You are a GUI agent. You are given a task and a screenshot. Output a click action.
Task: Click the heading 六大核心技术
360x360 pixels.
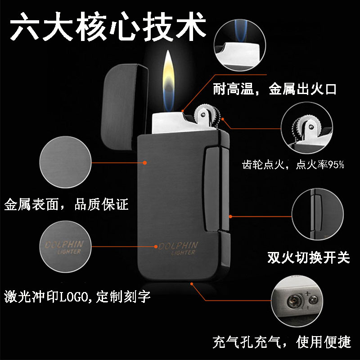108,27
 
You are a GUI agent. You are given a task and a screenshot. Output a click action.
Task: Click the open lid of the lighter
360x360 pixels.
125,107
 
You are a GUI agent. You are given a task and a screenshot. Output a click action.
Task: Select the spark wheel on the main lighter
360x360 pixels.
207,115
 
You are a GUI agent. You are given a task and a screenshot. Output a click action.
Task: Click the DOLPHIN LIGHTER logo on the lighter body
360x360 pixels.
178,248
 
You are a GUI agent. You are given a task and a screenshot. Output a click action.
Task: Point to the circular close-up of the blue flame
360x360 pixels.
240,45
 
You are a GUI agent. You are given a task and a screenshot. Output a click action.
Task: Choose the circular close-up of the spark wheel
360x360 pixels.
307,128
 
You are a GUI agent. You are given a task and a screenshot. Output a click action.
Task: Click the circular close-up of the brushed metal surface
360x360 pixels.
65,162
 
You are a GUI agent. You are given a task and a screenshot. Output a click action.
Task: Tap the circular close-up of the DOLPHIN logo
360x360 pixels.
65,247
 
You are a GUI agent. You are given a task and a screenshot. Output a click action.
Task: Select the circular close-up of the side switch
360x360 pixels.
318,215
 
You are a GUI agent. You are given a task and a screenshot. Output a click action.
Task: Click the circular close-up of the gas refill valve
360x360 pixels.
297,301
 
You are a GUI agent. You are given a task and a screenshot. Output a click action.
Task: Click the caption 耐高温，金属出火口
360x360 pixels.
274,89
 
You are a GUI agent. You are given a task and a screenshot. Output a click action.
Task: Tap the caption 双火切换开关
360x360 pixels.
309,257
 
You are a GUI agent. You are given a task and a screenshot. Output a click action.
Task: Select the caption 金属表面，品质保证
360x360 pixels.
66,204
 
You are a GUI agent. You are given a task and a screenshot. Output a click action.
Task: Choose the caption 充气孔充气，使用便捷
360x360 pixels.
282,342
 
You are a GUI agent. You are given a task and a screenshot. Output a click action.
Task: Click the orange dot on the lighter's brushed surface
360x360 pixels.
144,162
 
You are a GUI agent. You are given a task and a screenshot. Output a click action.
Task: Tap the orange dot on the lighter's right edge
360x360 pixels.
230,216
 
